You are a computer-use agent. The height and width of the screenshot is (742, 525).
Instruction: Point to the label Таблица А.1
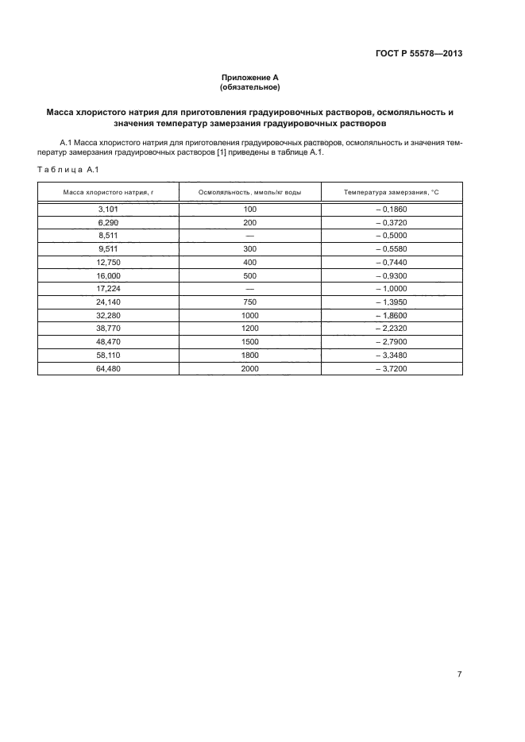coord(68,169)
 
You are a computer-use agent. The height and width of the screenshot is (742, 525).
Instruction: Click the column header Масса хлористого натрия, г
coord(108,192)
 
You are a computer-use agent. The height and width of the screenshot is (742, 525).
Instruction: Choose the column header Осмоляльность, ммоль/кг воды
coord(249,192)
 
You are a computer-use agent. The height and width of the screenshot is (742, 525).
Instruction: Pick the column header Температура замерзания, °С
coord(392,192)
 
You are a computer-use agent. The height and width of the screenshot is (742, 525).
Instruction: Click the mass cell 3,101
coord(108,210)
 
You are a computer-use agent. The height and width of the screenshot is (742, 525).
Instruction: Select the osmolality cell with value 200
coord(249,223)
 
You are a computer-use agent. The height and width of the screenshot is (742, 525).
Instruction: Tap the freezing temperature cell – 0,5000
coord(391,236)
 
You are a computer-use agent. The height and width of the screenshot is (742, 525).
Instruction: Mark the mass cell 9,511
coord(108,249)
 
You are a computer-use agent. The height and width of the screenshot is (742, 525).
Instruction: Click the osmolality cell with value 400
coord(249,262)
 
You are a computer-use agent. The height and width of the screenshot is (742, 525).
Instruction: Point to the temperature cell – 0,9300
coord(391,275)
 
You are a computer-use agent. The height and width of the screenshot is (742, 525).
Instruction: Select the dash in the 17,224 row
coord(249,289)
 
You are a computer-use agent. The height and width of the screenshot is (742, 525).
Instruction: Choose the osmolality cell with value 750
coord(249,302)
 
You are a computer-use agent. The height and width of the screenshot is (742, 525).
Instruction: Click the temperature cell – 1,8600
coord(391,315)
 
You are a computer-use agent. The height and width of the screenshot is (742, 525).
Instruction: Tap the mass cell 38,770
coord(108,329)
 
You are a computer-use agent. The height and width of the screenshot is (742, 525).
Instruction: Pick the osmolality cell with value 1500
coord(249,342)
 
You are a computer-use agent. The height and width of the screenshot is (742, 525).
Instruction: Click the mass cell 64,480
coord(108,368)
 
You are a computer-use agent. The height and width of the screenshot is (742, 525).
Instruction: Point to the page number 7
coord(460,674)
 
